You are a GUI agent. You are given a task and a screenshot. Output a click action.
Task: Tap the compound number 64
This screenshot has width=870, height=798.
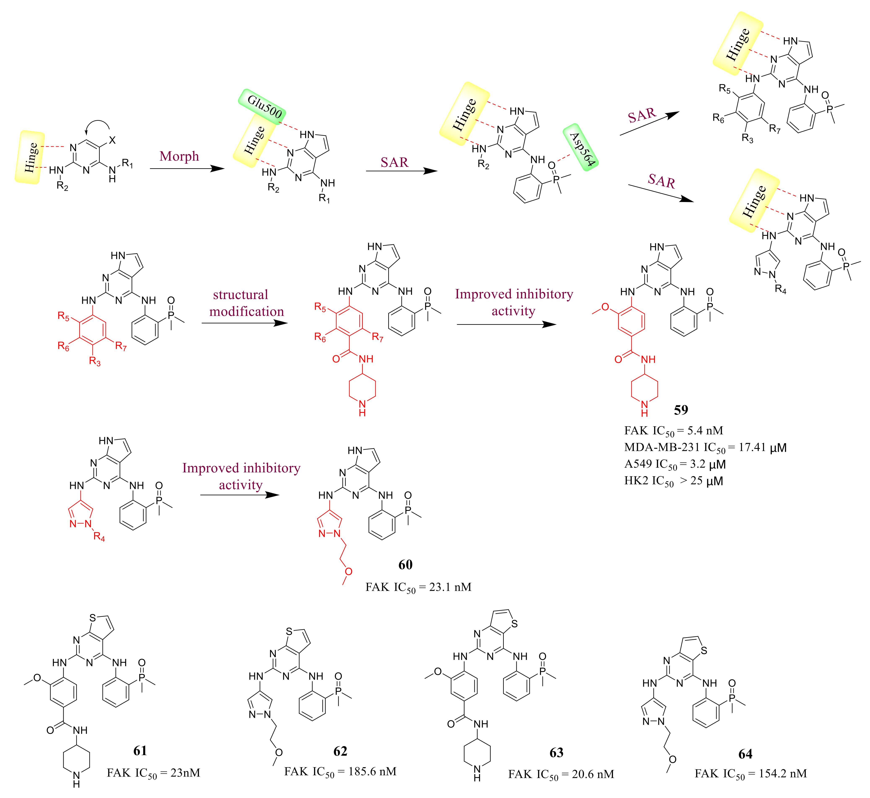pyautogui.click(x=745, y=754)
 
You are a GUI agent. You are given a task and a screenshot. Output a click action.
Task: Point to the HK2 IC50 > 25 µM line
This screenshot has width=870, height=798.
pyautogui.click(x=673, y=481)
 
